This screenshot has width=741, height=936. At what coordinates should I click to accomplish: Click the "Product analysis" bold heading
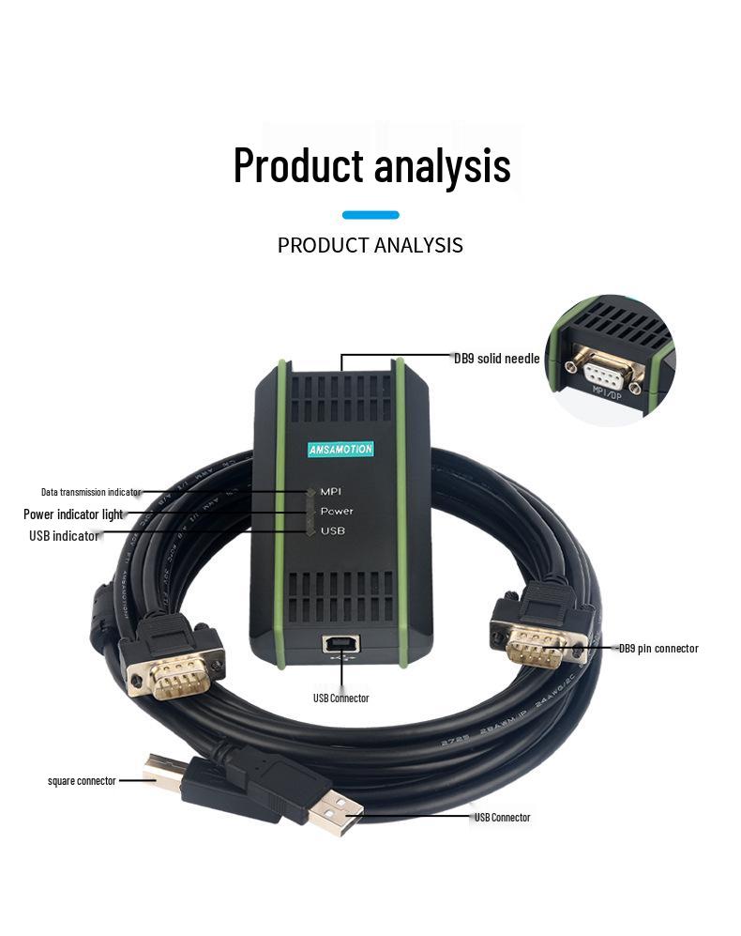click(371, 165)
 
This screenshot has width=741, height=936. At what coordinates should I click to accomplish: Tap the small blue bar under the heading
click(370, 215)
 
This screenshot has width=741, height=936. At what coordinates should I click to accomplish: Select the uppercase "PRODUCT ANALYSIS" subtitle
click(370, 246)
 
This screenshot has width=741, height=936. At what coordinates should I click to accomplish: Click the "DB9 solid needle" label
click(496, 358)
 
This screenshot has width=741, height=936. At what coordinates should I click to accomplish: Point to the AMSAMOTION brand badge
click(340, 450)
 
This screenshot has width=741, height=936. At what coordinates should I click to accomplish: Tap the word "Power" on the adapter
click(337, 512)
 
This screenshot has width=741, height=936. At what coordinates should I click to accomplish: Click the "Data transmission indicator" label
click(90, 492)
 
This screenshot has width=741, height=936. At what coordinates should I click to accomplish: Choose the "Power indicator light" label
click(73, 514)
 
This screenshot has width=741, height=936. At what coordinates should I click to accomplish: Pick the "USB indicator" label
click(64, 536)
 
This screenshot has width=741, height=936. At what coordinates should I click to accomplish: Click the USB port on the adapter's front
click(337, 645)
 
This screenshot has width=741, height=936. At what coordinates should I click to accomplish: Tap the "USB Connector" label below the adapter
click(340, 698)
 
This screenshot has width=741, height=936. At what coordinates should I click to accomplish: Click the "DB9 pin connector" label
click(658, 649)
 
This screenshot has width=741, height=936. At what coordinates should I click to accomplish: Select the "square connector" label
click(82, 780)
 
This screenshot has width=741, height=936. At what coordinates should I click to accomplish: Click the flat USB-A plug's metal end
click(338, 814)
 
